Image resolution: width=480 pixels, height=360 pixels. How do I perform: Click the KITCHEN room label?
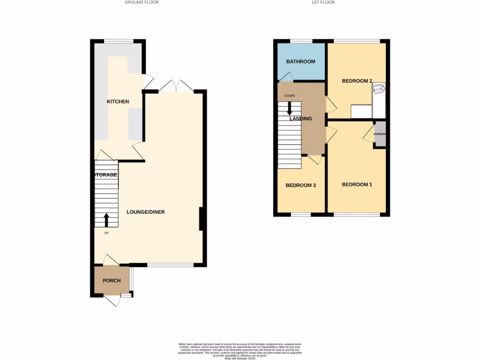point(118,102)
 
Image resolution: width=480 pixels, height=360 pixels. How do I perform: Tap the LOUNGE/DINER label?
point(146,212)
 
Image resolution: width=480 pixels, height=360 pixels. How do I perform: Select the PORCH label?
point(112,281)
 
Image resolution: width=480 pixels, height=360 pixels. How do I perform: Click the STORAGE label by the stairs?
point(106,175)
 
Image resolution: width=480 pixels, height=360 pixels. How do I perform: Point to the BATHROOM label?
point(301,61)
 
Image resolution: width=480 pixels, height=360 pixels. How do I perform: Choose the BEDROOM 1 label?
point(357,185)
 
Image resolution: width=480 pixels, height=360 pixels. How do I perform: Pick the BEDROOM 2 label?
point(357,81)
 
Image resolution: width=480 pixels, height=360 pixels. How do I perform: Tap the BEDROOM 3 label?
point(300,185)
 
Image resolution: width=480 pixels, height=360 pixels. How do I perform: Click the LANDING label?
point(300,119)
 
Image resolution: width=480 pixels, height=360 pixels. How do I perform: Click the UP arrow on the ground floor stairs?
point(106,219)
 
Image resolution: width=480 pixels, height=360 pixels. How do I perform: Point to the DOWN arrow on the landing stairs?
point(289,108)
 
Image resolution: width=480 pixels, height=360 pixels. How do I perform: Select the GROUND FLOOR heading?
point(142,2)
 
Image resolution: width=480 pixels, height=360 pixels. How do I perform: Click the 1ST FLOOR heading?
point(323,2)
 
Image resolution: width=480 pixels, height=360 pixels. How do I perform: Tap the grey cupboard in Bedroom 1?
point(380,135)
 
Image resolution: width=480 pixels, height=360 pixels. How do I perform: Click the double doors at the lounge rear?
point(175,86)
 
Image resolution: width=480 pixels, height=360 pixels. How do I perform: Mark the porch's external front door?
point(112,300)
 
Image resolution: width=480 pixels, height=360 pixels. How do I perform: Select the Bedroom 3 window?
point(300,215)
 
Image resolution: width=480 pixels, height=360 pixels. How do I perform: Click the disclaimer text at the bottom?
point(240,350)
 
